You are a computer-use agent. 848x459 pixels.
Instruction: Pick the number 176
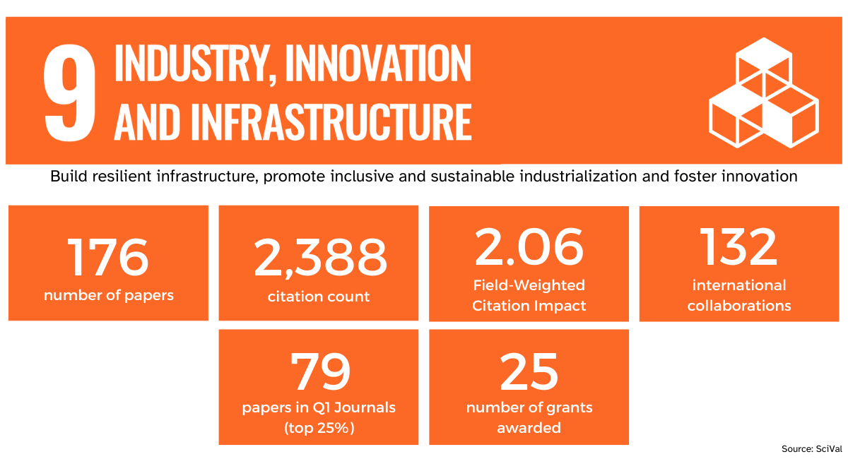[108, 257]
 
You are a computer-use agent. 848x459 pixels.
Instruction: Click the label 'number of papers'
[108, 295]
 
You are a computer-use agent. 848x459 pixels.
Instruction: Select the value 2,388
[319, 257]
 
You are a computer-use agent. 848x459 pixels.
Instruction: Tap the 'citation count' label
[319, 297]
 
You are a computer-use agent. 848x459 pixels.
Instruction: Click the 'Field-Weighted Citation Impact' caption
[529, 295]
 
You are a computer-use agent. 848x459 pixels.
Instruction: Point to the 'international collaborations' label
[738, 295]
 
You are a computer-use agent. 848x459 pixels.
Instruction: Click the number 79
[320, 372]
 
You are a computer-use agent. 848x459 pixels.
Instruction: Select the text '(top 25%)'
[319, 428]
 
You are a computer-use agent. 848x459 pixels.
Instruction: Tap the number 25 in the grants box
[529, 372]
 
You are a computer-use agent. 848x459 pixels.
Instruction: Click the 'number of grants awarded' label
[529, 417]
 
